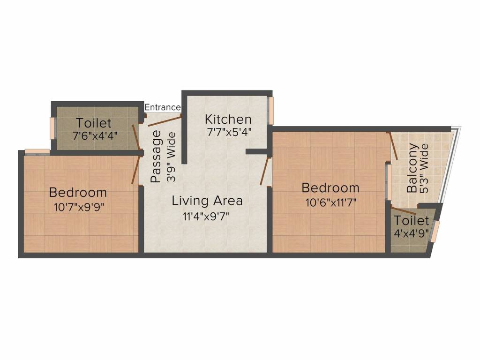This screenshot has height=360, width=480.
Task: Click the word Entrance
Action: click(163, 107)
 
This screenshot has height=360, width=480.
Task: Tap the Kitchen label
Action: click(228, 119)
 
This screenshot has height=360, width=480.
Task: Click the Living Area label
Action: click(207, 201)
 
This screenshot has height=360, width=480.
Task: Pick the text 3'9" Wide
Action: click(171, 157)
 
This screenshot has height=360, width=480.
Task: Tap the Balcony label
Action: click(412, 169)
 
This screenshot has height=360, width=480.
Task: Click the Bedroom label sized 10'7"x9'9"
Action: click(78, 192)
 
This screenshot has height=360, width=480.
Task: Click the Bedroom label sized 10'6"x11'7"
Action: click(330, 188)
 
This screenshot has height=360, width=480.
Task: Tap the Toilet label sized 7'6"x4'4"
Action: click(94, 123)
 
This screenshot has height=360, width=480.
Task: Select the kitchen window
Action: click(271, 111)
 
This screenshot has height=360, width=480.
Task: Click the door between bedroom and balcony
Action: click(394, 146)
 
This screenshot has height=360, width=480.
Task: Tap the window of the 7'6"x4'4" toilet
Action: click(52, 128)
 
